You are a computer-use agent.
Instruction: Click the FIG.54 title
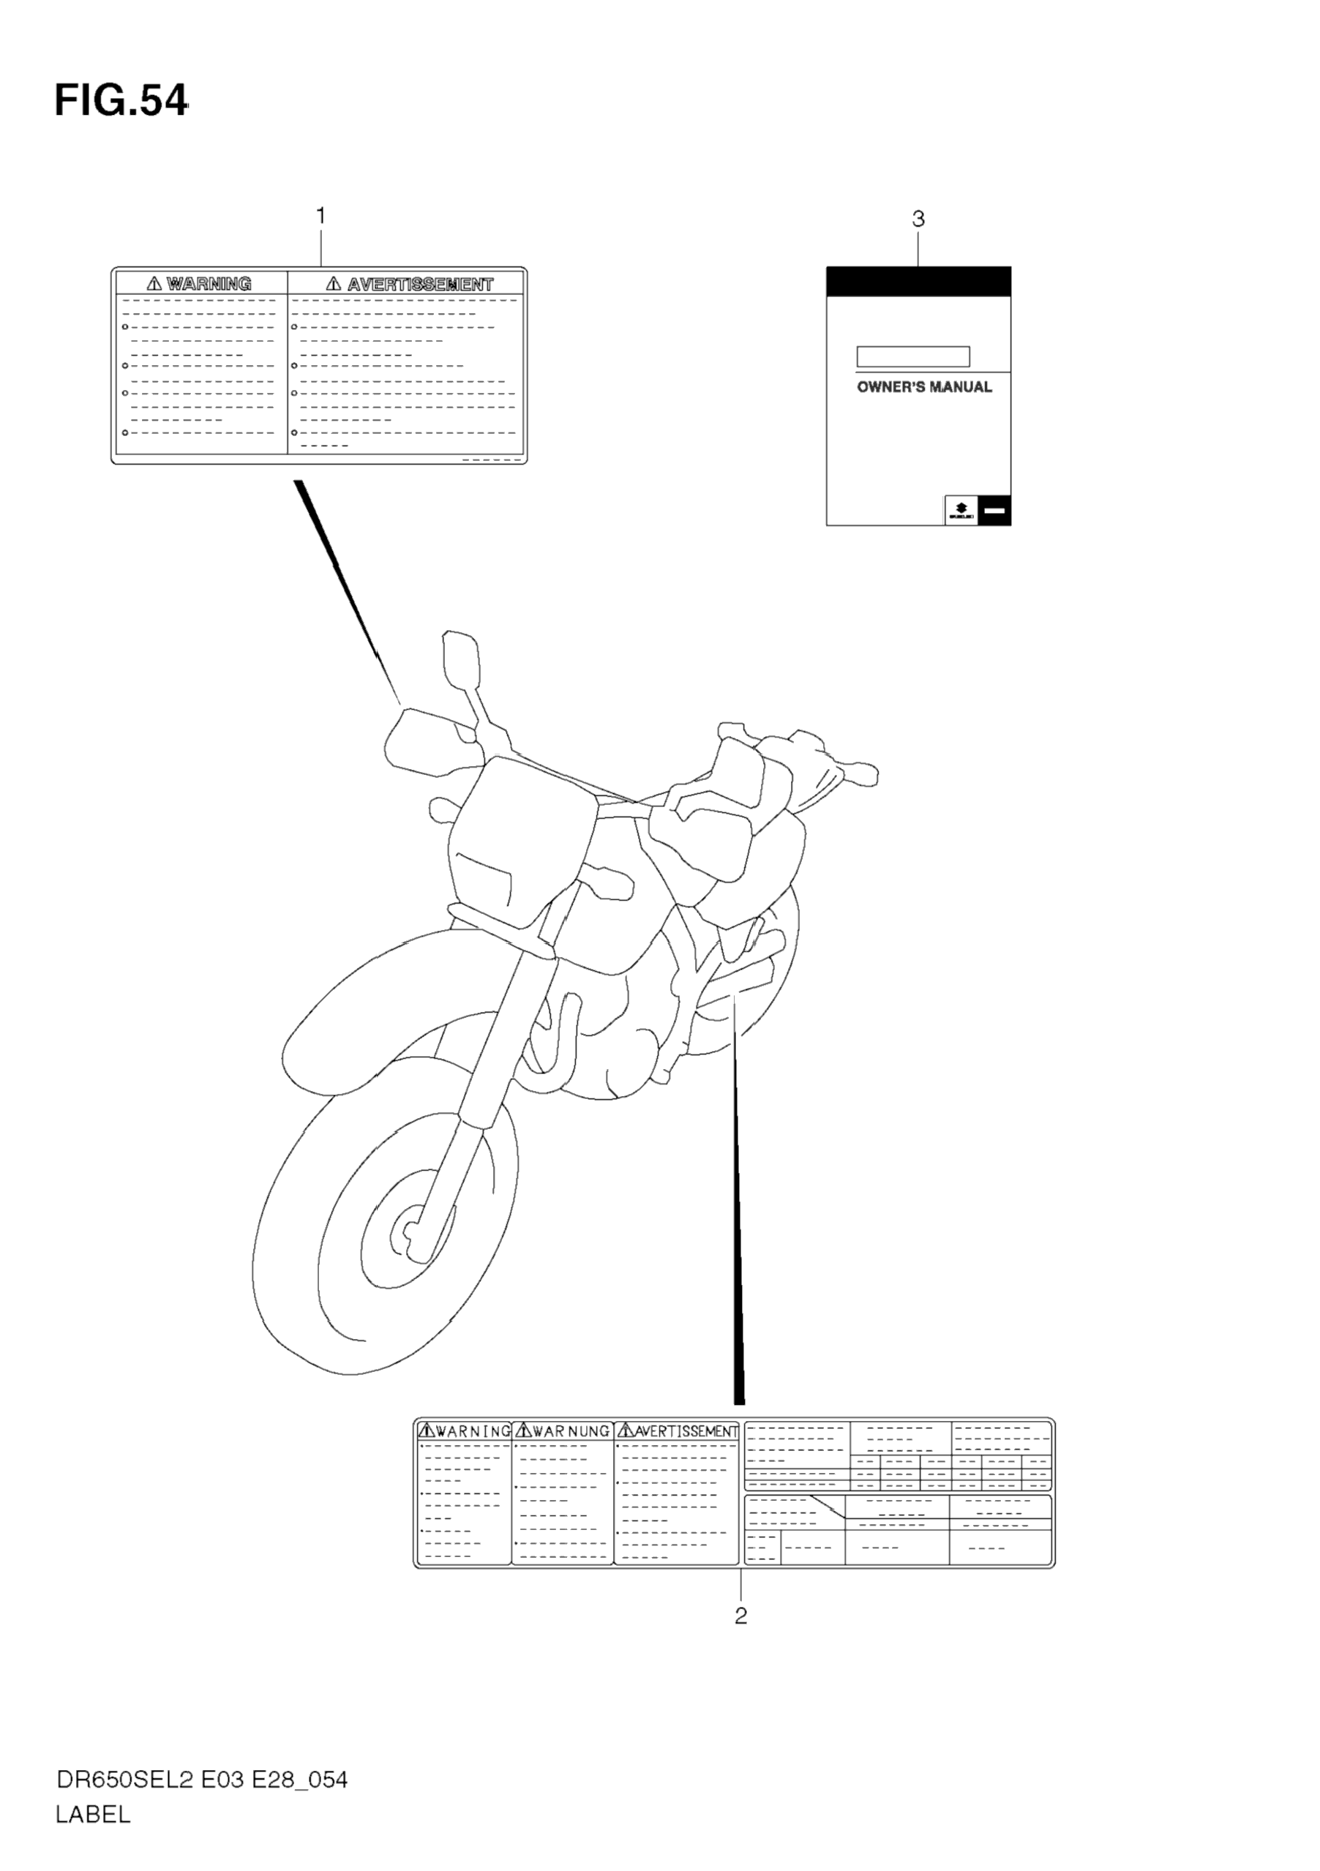pyautogui.click(x=121, y=101)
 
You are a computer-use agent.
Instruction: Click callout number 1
pyautogui.click(x=321, y=216)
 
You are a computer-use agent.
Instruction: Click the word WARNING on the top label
pyautogui.click(x=209, y=284)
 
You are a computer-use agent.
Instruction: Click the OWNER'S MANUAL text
pyautogui.click(x=924, y=387)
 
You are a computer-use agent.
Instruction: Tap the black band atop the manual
pyautogui.click(x=918, y=281)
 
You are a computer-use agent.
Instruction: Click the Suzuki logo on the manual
pyautogui.click(x=961, y=510)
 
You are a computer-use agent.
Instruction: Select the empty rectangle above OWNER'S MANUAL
pyautogui.click(x=912, y=356)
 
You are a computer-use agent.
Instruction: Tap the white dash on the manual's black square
pyautogui.click(x=995, y=511)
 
